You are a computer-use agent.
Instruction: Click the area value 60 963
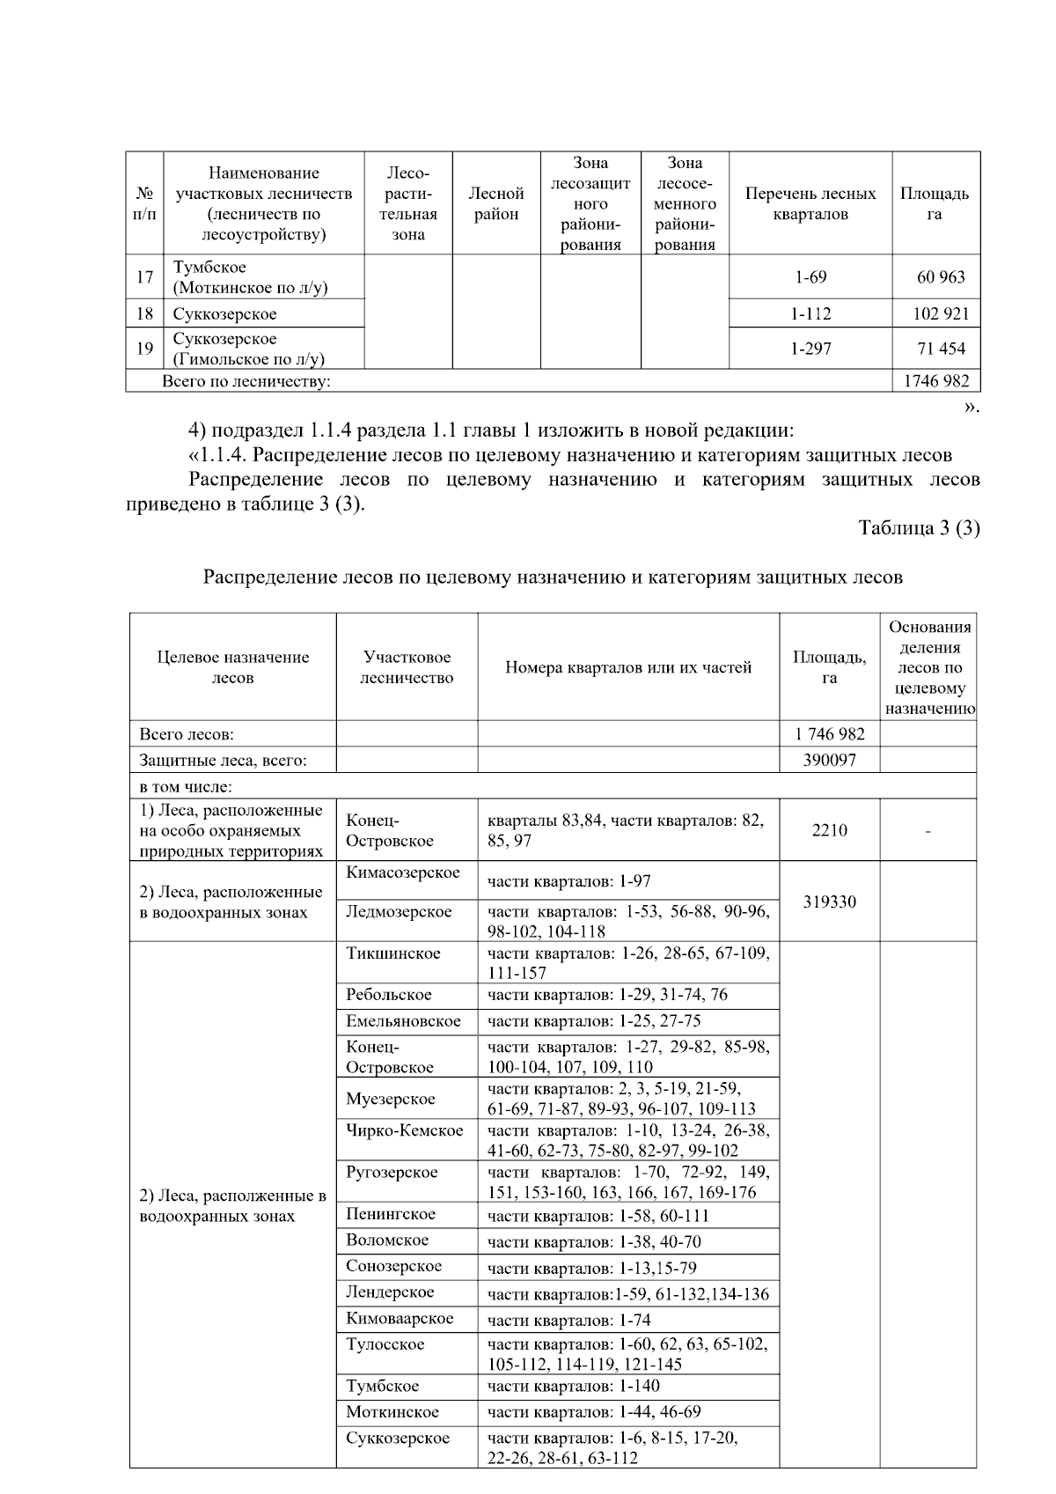point(941,277)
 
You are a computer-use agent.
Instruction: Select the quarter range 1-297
point(810,349)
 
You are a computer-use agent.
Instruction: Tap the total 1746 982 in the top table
point(936,381)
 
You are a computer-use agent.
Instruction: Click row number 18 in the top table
point(145,314)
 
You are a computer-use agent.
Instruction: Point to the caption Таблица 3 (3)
point(919,528)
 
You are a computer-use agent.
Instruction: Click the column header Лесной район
point(496,203)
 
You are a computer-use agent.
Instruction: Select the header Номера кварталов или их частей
point(628,667)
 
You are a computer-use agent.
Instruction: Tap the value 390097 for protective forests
point(829,760)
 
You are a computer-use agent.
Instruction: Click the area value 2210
point(829,830)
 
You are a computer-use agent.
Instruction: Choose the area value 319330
point(829,902)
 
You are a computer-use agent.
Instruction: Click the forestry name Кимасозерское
point(403,872)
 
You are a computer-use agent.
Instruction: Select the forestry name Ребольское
point(389,995)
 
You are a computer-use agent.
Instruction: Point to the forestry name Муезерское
point(391,1099)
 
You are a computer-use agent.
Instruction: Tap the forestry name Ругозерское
point(392,1173)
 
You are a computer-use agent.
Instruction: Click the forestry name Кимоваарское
point(400,1318)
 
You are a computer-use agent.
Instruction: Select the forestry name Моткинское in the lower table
point(392,1412)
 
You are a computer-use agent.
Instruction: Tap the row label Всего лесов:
point(187,734)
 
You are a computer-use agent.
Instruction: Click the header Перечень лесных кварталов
point(810,203)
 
